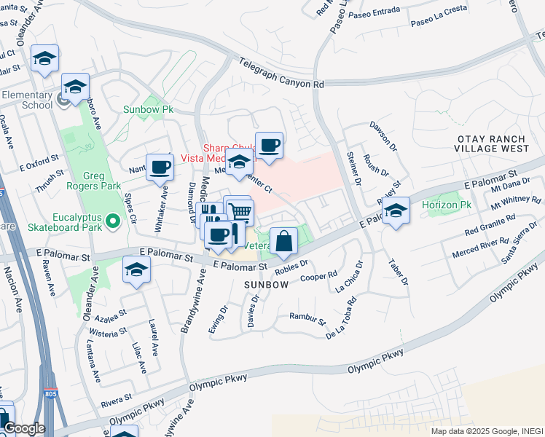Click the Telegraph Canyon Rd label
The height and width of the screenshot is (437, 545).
click(281, 75)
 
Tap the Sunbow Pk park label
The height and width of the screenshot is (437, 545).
click(148, 109)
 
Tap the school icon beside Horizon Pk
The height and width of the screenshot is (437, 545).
click(396, 211)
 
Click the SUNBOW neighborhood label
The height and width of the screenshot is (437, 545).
click(266, 284)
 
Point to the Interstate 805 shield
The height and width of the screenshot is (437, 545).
click(49, 394)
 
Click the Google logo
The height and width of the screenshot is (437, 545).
click(23, 428)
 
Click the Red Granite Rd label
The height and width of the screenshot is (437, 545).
click(490, 225)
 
